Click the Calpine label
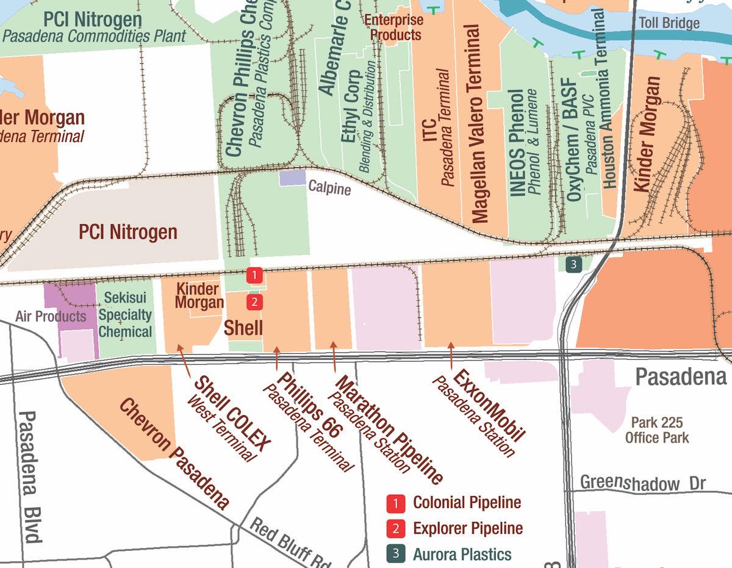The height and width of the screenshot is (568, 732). [329, 188]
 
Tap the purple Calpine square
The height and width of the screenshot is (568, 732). [292, 178]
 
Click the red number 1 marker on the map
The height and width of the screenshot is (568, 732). [254, 275]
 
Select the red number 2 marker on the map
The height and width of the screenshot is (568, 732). [254, 301]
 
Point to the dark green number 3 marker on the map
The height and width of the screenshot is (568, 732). [572, 264]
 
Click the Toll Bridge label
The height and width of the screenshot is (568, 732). [669, 23]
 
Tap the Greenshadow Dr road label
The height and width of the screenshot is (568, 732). [642, 483]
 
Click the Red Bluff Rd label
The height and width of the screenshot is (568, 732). [290, 544]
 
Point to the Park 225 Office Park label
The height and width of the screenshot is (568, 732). [657, 430]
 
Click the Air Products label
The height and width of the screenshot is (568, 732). [51, 316]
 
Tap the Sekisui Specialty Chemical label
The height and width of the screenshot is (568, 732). [125, 315]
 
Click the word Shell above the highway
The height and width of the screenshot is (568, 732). [243, 328]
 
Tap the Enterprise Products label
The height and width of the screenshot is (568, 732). [395, 27]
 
